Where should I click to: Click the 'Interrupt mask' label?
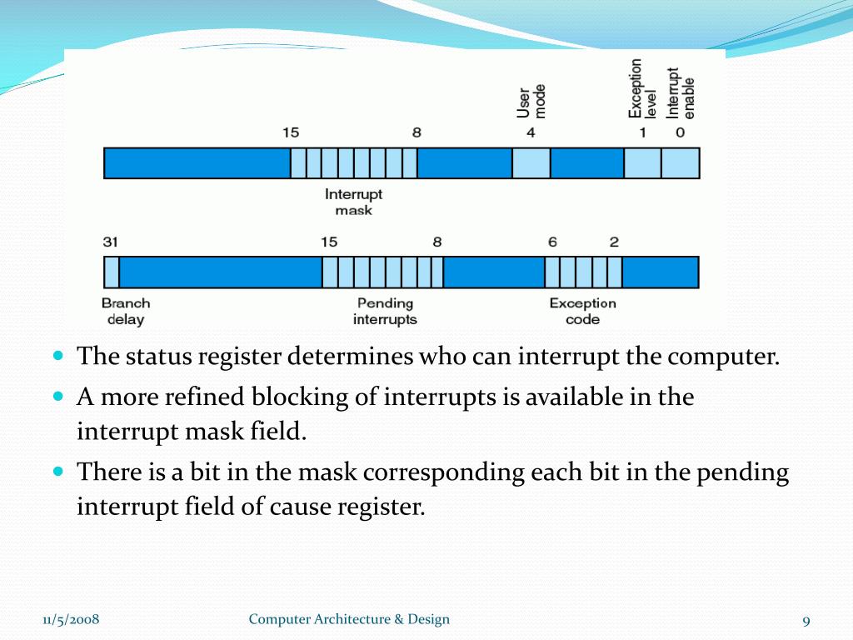353,202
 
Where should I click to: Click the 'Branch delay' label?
125,311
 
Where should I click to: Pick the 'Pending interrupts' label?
385,311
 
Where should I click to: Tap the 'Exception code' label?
582,311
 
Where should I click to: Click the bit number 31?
111,242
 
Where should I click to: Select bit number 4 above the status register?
531,132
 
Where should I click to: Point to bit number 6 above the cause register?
552,242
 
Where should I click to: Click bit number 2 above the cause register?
614,242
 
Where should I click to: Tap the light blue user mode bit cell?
531,163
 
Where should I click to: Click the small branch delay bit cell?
111,272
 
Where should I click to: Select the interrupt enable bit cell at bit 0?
681,163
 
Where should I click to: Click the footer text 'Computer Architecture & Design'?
349,619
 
